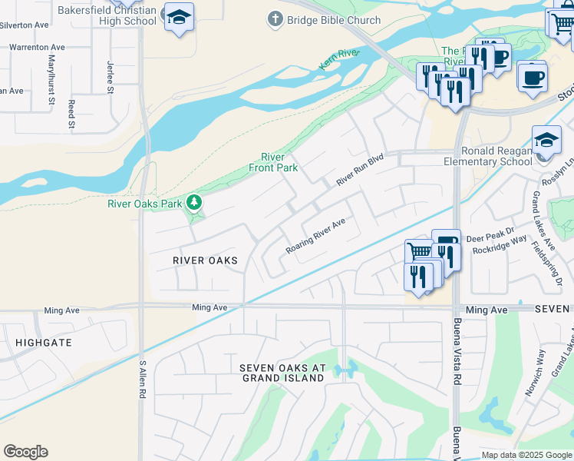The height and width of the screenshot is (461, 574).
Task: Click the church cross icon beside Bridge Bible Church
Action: click(x=275, y=18)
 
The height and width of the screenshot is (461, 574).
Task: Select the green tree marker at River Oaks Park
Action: click(x=195, y=203)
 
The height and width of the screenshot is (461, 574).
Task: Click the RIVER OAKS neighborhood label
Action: click(x=205, y=260)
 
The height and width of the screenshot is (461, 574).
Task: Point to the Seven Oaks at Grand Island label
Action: click(x=282, y=373)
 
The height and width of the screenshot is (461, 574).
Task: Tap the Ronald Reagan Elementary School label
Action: click(x=488, y=156)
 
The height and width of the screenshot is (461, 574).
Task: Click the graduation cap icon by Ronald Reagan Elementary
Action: click(x=546, y=141)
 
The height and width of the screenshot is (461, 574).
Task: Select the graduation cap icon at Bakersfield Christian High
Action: click(x=179, y=18)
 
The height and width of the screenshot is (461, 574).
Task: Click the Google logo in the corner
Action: click(x=26, y=452)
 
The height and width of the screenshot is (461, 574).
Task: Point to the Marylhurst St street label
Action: click(x=52, y=80)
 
